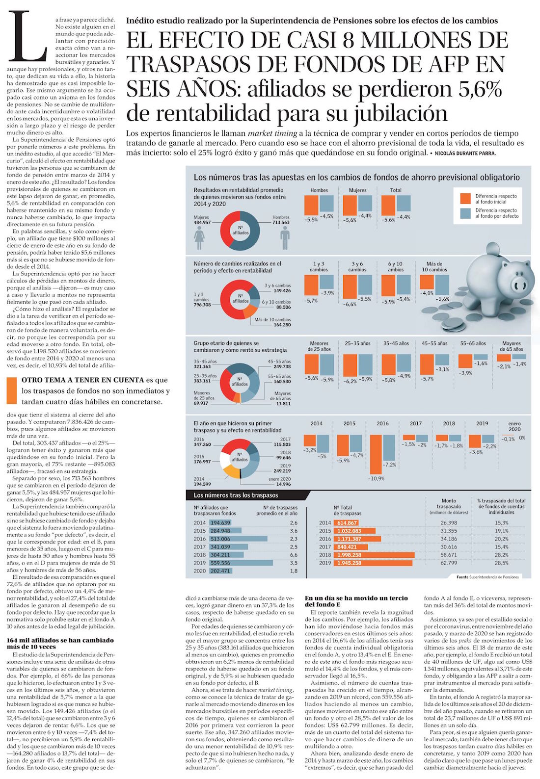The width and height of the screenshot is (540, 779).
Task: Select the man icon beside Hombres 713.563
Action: click(x=285, y=238)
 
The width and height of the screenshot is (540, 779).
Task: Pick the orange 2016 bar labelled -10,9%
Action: click(x=376, y=453)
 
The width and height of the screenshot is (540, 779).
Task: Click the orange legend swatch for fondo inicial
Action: click(x=465, y=198)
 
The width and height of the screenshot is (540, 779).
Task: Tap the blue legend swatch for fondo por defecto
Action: click(x=465, y=213)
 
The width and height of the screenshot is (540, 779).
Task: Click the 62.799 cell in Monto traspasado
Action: click(x=449, y=563)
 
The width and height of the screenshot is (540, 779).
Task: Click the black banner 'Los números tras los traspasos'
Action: click(x=236, y=495)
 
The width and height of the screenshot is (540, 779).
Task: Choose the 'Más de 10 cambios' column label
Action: click(x=434, y=266)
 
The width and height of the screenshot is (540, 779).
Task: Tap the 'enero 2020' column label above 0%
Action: click(x=514, y=426)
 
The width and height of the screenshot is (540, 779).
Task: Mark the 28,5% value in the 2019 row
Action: click(x=501, y=563)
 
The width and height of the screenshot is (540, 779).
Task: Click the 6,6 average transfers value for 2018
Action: click(x=294, y=555)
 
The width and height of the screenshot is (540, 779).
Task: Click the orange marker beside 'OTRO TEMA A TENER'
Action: click(x=12, y=390)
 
